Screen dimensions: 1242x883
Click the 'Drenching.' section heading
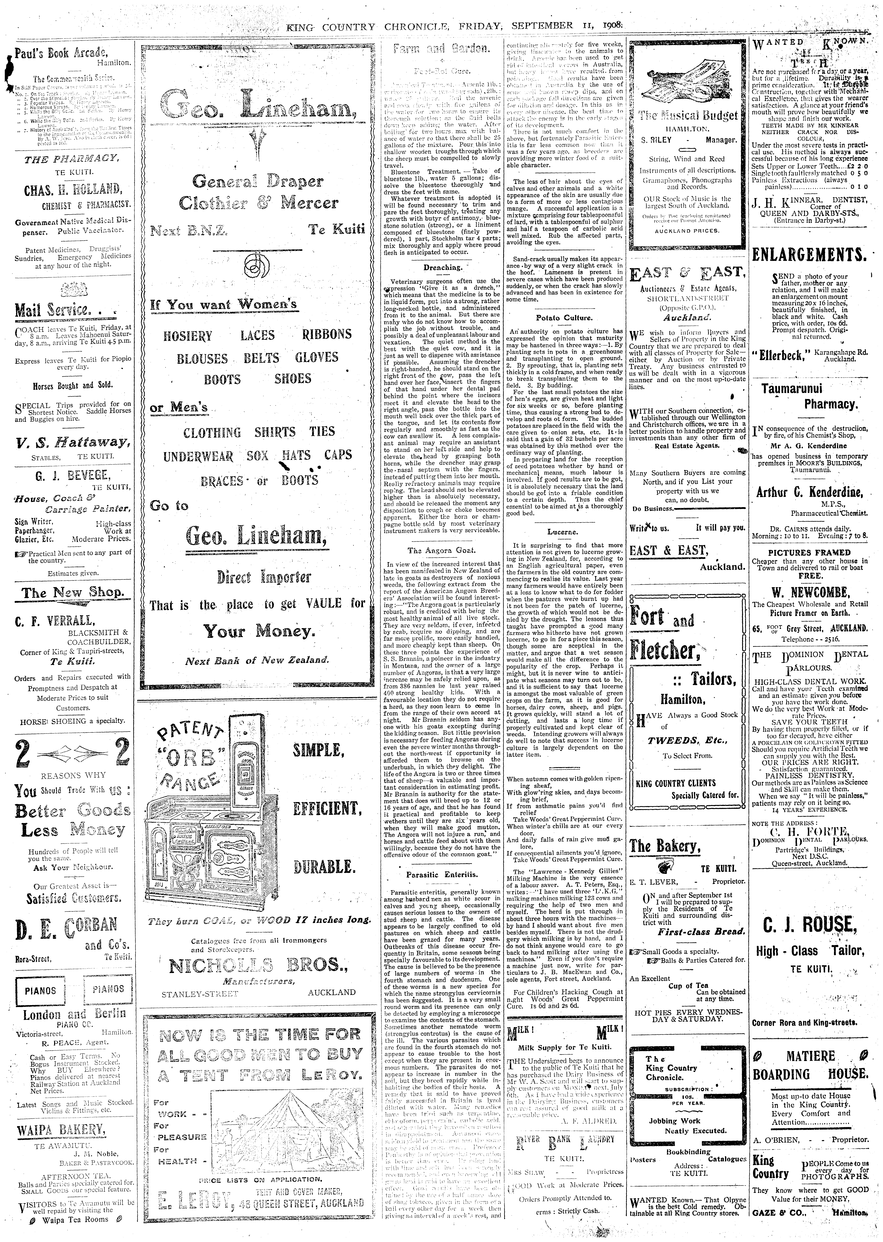tap(443, 268)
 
